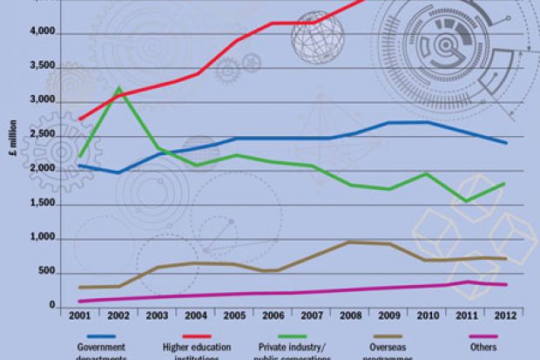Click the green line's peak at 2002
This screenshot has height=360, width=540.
[x=118, y=88]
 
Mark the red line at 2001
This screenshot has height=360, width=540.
[x=80, y=119]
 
